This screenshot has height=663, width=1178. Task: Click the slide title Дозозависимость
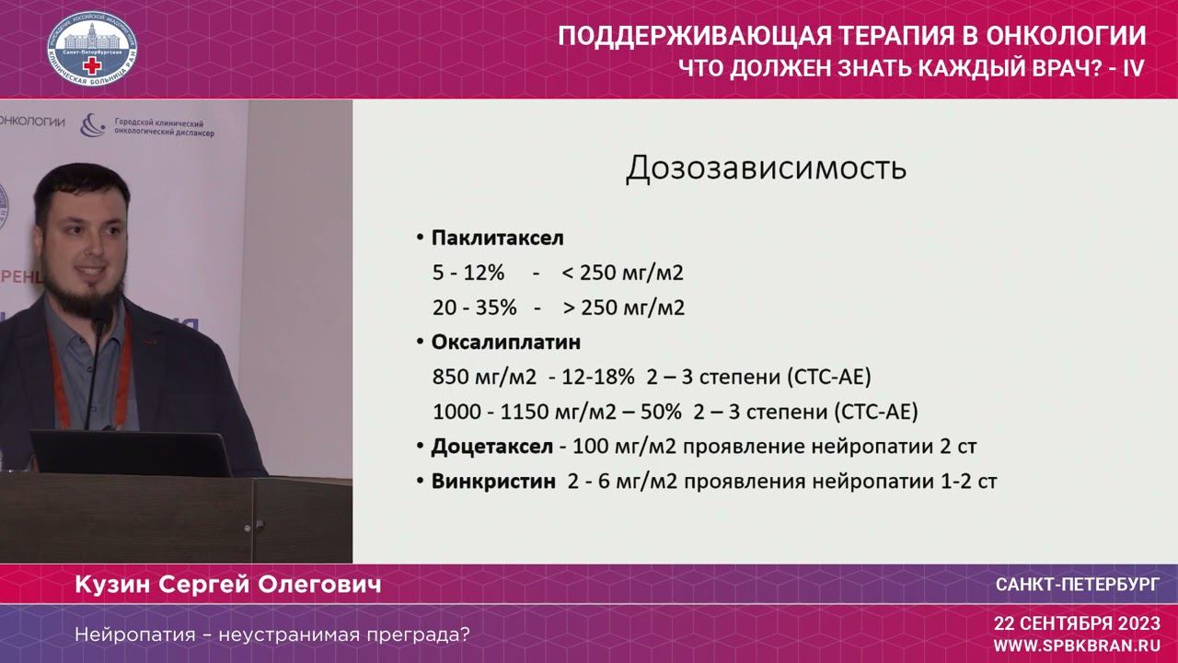point(766,169)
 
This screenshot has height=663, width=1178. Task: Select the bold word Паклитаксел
point(497,238)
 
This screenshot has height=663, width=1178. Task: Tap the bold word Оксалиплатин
point(505,343)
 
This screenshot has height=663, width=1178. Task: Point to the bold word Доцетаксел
point(491,447)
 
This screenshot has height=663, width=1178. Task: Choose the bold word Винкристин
point(493,482)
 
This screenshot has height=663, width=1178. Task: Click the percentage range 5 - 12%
point(468,273)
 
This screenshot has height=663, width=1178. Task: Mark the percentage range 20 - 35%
point(474,308)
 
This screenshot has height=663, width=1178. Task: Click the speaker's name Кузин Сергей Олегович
point(227,586)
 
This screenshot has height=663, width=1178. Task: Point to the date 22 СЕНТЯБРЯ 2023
point(1077,623)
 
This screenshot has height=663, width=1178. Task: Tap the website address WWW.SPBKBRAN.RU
point(1077,646)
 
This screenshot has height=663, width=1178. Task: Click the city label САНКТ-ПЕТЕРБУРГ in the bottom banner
point(1078,586)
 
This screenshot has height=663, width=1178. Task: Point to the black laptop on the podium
point(129,452)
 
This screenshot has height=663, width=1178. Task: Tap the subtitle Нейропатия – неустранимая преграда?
point(271,634)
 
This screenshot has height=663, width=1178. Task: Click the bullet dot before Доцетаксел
point(419,448)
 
